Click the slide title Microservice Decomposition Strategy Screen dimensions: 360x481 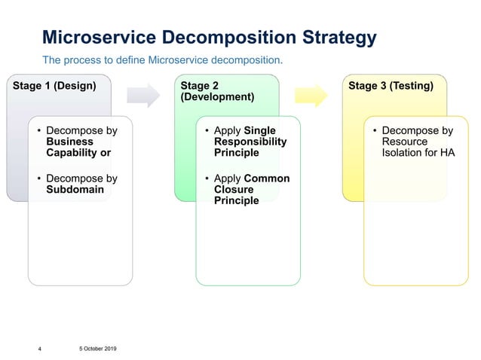pos(209,37)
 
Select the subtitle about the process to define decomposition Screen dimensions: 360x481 pos(162,59)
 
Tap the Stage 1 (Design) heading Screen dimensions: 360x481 pos(54,86)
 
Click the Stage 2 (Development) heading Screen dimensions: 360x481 pos(217,91)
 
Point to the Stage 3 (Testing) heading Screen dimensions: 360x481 pos(390,86)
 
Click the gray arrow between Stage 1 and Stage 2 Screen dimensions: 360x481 pos(143,95)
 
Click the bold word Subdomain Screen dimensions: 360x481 pos(75,190)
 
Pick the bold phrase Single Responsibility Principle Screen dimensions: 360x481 pos(250,142)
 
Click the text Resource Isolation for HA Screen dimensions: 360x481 pos(418,147)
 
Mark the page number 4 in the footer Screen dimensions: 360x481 pos(40,349)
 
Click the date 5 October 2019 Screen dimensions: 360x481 pos(97,348)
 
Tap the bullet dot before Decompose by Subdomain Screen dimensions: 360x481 pos(39,179)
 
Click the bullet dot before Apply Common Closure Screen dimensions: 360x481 pos(207,179)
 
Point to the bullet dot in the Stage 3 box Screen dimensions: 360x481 pos(374,131)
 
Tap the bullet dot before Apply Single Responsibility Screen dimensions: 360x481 pos(207,131)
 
